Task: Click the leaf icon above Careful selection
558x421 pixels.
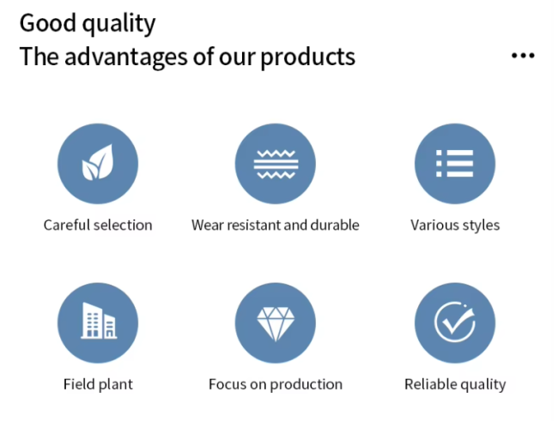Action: click(x=98, y=163)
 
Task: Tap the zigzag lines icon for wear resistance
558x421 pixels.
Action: click(x=276, y=164)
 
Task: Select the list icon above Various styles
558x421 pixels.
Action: click(x=455, y=163)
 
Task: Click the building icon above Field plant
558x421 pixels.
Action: click(x=99, y=321)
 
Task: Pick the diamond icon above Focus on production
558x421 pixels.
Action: click(x=276, y=324)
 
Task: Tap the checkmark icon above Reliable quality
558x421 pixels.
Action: click(x=455, y=322)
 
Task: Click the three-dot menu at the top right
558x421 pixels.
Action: click(x=523, y=56)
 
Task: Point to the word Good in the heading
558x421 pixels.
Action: click(x=48, y=23)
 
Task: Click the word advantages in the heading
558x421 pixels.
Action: click(x=125, y=57)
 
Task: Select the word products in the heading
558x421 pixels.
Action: click(x=308, y=57)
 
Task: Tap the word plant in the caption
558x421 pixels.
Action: click(x=115, y=385)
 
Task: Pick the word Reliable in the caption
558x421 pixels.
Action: click(x=427, y=384)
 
